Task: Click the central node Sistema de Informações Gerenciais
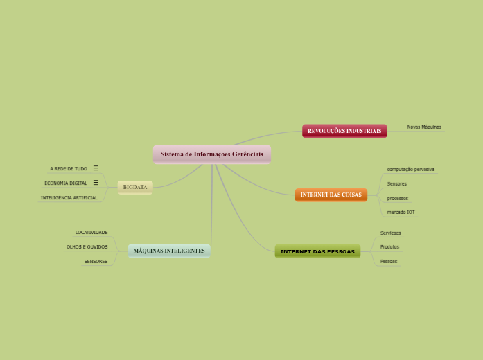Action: point(211,154)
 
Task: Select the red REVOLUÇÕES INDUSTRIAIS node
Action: point(344,131)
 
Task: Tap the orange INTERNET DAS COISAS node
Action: point(331,195)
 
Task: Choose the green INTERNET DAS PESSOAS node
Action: point(317,251)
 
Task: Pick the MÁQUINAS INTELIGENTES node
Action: point(169,251)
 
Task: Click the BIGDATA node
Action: point(135,187)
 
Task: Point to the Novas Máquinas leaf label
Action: point(424,127)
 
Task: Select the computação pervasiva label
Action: point(410,169)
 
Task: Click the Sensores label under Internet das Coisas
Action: point(397,183)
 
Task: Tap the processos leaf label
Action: point(398,198)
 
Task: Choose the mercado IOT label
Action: point(401,212)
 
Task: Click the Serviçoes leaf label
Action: point(391,233)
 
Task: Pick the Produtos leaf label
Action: point(389,246)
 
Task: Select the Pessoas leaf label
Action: point(389,261)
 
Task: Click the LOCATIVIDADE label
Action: point(91,233)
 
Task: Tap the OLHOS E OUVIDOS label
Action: point(87,246)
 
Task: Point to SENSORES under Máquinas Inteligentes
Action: point(96,261)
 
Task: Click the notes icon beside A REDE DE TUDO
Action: point(96,168)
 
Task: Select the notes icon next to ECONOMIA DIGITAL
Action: point(96,183)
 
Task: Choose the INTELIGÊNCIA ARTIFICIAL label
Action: point(69,198)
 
